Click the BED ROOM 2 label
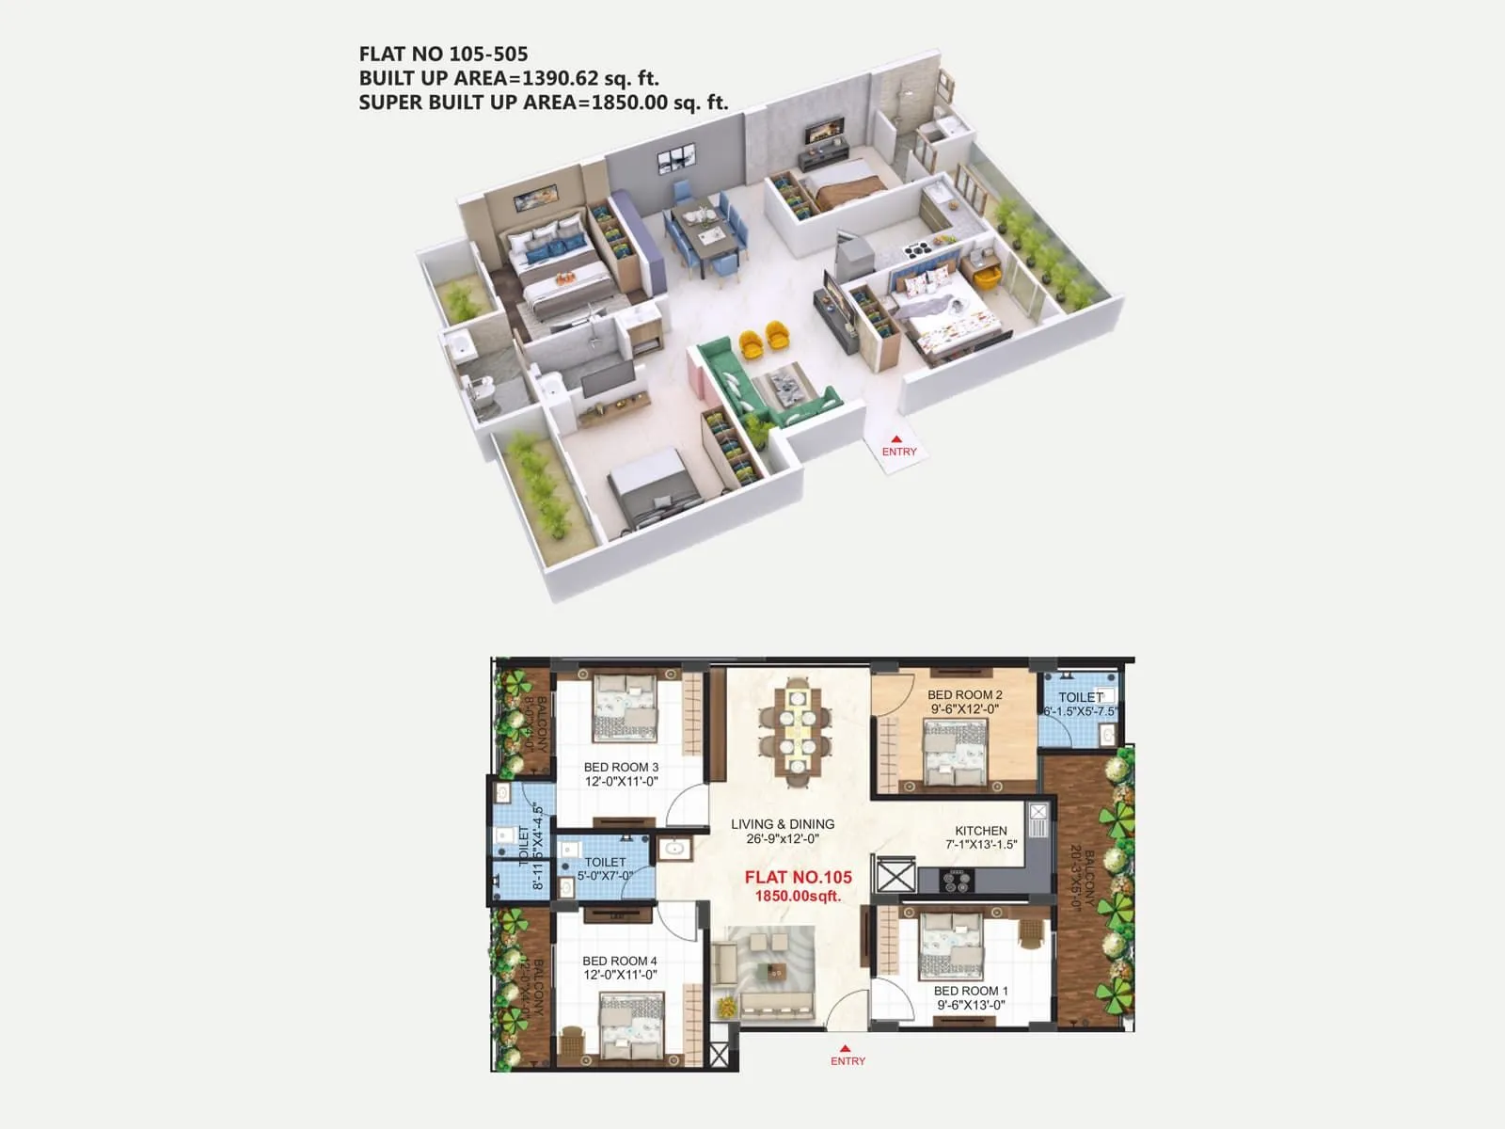(x=964, y=695)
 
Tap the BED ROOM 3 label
(x=621, y=767)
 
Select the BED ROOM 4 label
(x=619, y=961)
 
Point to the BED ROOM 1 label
(x=971, y=991)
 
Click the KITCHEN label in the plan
(x=981, y=831)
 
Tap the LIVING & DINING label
(x=783, y=824)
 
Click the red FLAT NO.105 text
(x=798, y=877)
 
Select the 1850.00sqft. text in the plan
(x=798, y=897)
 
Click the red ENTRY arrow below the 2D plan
(x=846, y=1048)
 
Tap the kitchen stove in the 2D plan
(x=958, y=882)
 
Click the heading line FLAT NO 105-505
(x=443, y=55)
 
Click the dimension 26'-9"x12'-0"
(x=783, y=839)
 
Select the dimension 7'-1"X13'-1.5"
(x=981, y=845)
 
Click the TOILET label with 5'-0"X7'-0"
(x=605, y=862)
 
